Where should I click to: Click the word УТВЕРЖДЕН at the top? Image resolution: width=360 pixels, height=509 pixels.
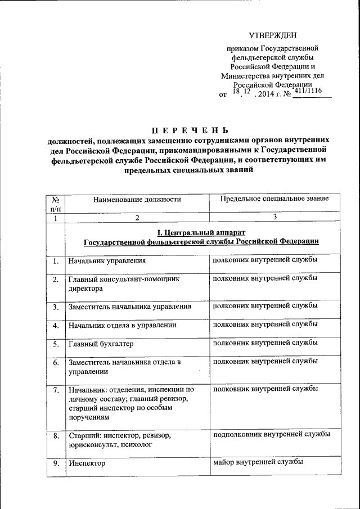(273, 35)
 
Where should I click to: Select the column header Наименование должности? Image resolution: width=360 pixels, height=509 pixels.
(137, 199)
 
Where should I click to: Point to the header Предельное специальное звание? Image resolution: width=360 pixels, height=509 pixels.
(274, 199)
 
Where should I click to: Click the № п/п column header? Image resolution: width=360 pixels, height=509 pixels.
(56, 204)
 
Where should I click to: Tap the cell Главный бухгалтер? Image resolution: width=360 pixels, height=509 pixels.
(101, 343)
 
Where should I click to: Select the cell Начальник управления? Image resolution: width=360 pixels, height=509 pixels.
(107, 261)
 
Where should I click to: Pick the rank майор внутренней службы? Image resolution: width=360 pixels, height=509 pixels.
(259, 462)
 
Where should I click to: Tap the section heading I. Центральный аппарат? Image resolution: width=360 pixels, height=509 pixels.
(201, 232)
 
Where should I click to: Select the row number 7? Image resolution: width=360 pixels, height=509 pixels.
(56, 390)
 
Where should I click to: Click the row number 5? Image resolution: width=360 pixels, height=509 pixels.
(56, 344)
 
